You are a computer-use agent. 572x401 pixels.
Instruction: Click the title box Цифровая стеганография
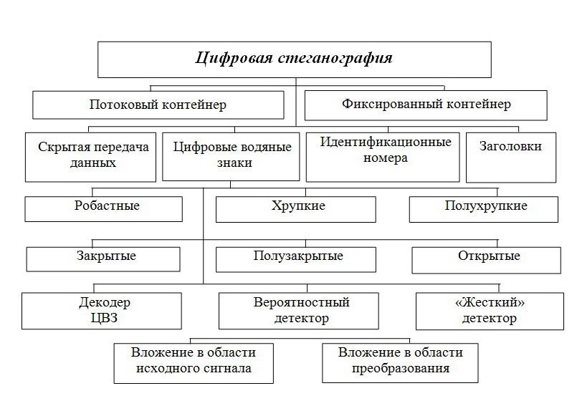click(295, 59)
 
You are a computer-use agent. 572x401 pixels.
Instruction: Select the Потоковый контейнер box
click(158, 105)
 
